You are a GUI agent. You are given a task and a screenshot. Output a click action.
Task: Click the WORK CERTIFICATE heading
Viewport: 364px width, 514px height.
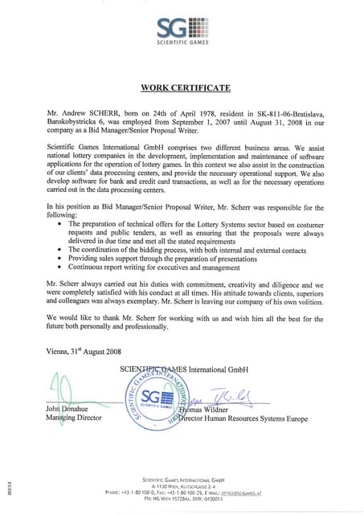click(x=186, y=86)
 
